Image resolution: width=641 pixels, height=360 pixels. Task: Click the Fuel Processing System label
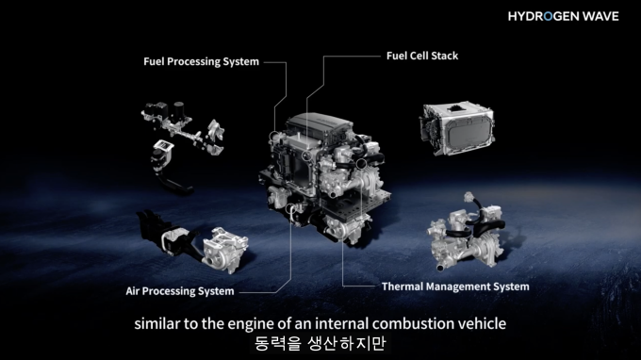[201, 61]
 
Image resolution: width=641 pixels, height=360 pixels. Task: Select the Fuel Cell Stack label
[422, 56]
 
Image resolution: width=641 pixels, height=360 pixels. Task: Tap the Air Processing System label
[180, 291]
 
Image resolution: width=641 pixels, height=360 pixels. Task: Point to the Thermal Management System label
[455, 286]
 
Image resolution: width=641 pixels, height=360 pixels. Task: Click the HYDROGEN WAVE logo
[564, 16]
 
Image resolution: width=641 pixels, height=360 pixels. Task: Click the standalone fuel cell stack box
[456, 129]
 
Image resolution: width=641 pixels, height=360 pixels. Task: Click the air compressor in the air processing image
[224, 250]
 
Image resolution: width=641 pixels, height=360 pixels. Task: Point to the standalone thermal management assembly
[468, 231]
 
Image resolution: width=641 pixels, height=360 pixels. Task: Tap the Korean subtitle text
[320, 343]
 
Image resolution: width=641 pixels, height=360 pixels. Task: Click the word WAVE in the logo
[600, 16]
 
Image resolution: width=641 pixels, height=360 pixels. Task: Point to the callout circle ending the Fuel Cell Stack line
[306, 155]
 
